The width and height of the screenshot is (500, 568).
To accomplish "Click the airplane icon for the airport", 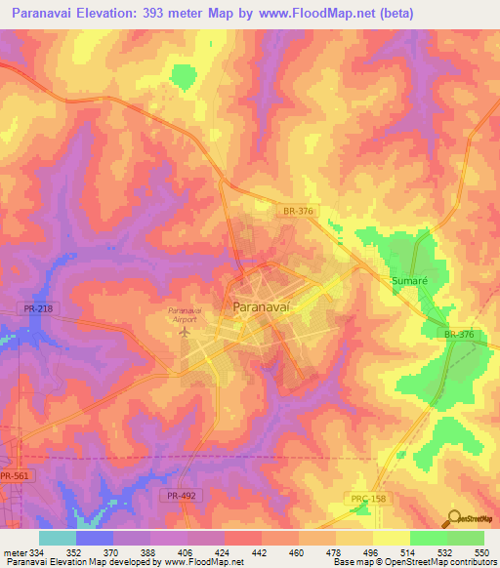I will pyautogui.click(x=184, y=332).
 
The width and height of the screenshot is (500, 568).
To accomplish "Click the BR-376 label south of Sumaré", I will pyautogui.click(x=458, y=335).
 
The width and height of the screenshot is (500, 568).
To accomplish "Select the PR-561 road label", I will pyautogui.click(x=15, y=476).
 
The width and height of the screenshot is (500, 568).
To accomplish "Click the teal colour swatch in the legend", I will pyautogui.click(x=57, y=538).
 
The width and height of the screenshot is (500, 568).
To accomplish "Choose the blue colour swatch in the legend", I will pyautogui.click(x=94, y=538).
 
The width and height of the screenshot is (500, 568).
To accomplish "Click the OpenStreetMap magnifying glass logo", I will pyautogui.click(x=452, y=518).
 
